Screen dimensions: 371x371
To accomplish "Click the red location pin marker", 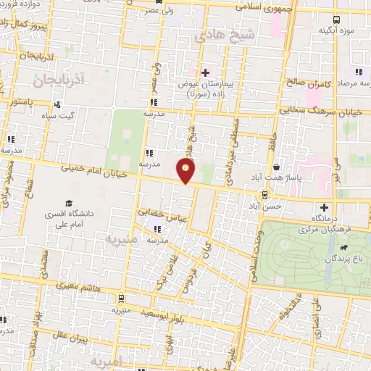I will (187, 170).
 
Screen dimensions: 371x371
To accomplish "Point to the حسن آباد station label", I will (265, 207).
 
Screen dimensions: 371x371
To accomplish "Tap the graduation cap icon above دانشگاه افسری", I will (69, 204).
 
